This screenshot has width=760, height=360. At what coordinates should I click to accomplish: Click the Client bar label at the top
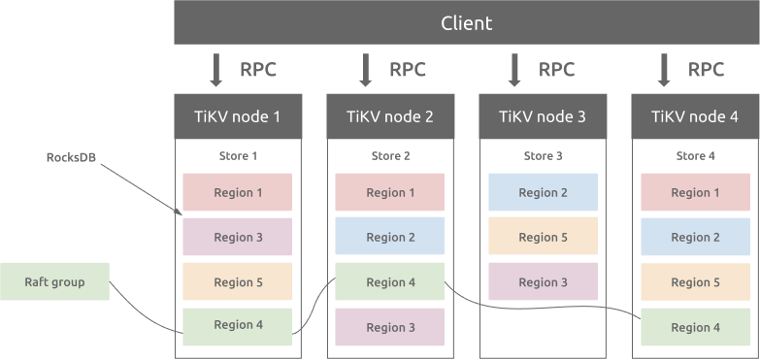pos(466,22)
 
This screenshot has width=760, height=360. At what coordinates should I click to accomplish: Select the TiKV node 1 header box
pos(238,116)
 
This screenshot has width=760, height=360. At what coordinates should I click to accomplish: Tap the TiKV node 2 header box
pos(390,116)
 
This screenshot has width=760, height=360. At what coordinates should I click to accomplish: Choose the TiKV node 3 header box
pos(543,116)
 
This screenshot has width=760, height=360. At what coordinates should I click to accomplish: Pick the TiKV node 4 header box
pos(695,116)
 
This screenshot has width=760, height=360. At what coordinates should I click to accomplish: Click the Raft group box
pos(54,282)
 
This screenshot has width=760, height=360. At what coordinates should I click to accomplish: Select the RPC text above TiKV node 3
pos(556,70)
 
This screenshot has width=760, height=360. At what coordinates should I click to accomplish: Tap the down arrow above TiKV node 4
pos(665,70)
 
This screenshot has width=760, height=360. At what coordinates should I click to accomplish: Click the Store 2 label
pos(390,155)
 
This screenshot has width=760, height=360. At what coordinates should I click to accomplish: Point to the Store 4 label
pos(695,155)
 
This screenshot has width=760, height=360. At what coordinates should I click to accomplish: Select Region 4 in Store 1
pos(238,326)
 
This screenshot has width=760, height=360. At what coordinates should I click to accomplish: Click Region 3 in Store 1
pos(238,237)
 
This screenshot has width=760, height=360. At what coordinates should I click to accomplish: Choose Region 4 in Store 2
pos(390,282)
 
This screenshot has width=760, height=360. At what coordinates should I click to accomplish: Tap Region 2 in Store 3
pos(543,192)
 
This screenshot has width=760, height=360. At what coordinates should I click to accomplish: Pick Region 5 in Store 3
pos(543,237)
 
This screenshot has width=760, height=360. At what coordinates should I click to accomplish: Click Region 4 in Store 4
pos(695,327)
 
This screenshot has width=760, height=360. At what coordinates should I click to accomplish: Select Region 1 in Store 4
pos(695,192)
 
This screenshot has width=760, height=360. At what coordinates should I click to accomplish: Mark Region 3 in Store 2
pos(390,327)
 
